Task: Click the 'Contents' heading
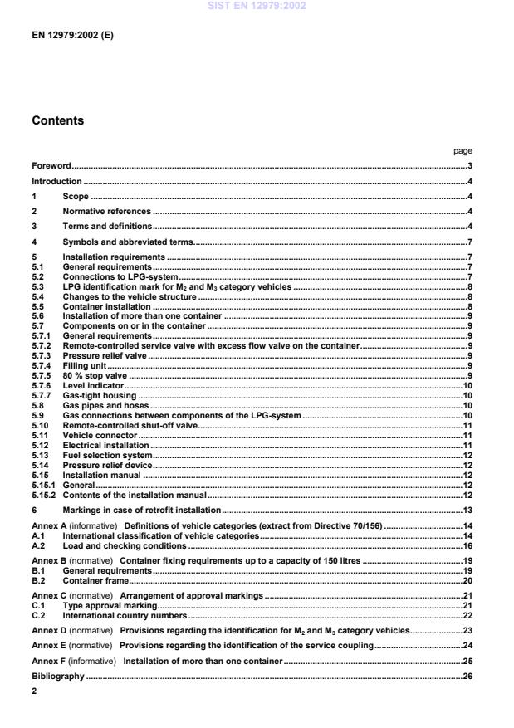(x=57, y=120)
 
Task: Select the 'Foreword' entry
(x=51, y=166)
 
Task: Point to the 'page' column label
(x=463, y=151)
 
